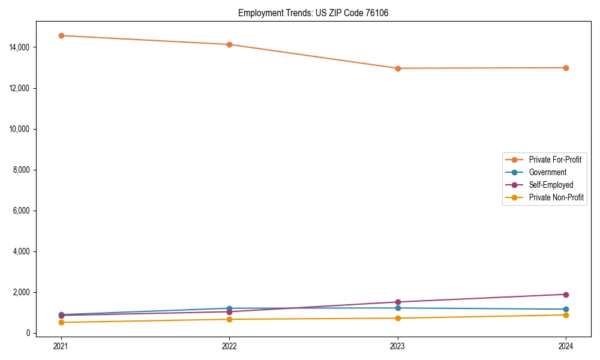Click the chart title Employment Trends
313,13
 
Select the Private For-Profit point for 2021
61,35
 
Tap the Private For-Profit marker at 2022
229,44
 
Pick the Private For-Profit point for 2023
398,68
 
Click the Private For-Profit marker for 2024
566,68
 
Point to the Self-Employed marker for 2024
566,295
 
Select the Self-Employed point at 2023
398,302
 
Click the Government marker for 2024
566,310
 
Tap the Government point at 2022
229,308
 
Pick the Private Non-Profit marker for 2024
566,315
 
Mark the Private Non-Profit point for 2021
61,322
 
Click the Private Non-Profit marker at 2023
398,318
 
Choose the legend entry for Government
547,172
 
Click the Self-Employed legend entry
551,185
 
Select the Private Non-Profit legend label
556,197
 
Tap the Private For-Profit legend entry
555,160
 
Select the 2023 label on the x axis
398,346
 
